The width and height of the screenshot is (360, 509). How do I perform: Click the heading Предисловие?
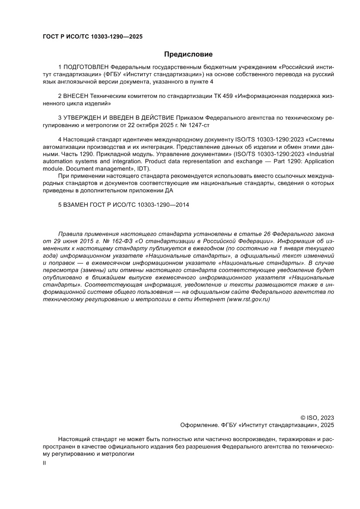(x=188, y=54)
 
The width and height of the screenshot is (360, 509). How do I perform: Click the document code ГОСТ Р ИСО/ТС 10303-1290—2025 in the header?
(x=92, y=37)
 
